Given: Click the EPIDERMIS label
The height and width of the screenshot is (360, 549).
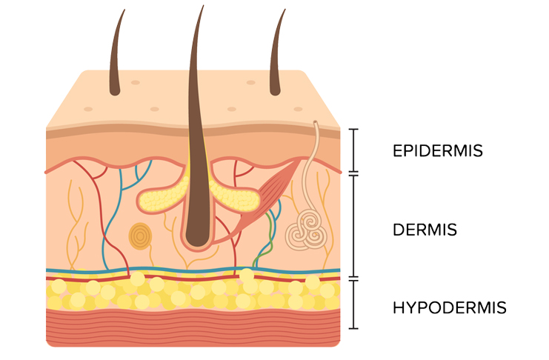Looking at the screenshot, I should pos(437,151).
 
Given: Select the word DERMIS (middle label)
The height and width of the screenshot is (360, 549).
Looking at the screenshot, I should pos(425,230).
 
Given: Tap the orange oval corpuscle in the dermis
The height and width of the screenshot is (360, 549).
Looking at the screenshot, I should pos(139,236).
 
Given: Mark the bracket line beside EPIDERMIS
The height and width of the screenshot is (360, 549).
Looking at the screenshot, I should pos(354,151).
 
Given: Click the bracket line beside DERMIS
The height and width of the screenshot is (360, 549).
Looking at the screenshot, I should pos(354,226).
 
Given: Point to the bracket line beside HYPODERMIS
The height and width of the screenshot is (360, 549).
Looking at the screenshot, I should pos(354,304).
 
